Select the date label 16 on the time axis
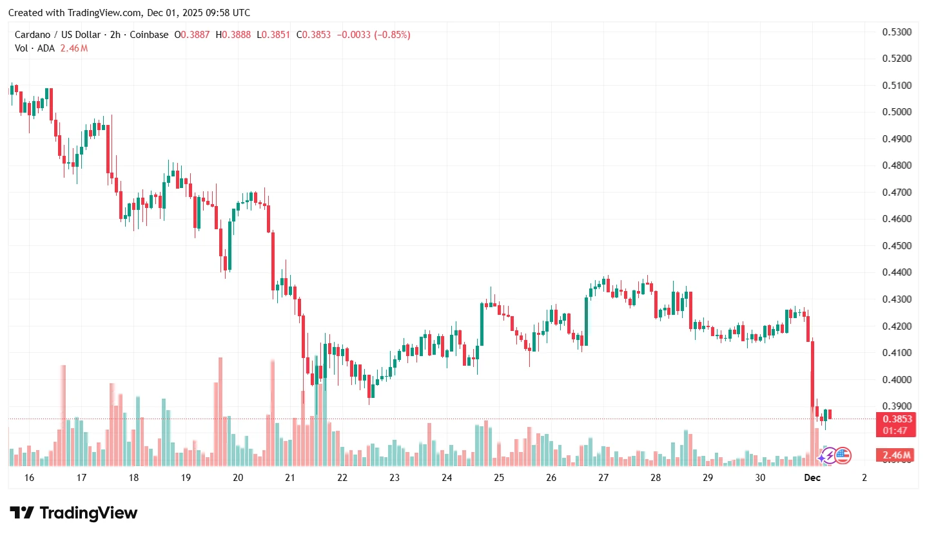click(x=28, y=478)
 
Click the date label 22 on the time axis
click(x=342, y=478)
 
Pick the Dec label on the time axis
click(x=812, y=478)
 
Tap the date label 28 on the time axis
click(x=656, y=478)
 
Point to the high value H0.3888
click(x=233, y=35)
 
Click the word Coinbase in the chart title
click(x=149, y=35)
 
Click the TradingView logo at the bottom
click(x=74, y=513)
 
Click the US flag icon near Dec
click(x=843, y=456)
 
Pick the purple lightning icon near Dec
click(x=828, y=456)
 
